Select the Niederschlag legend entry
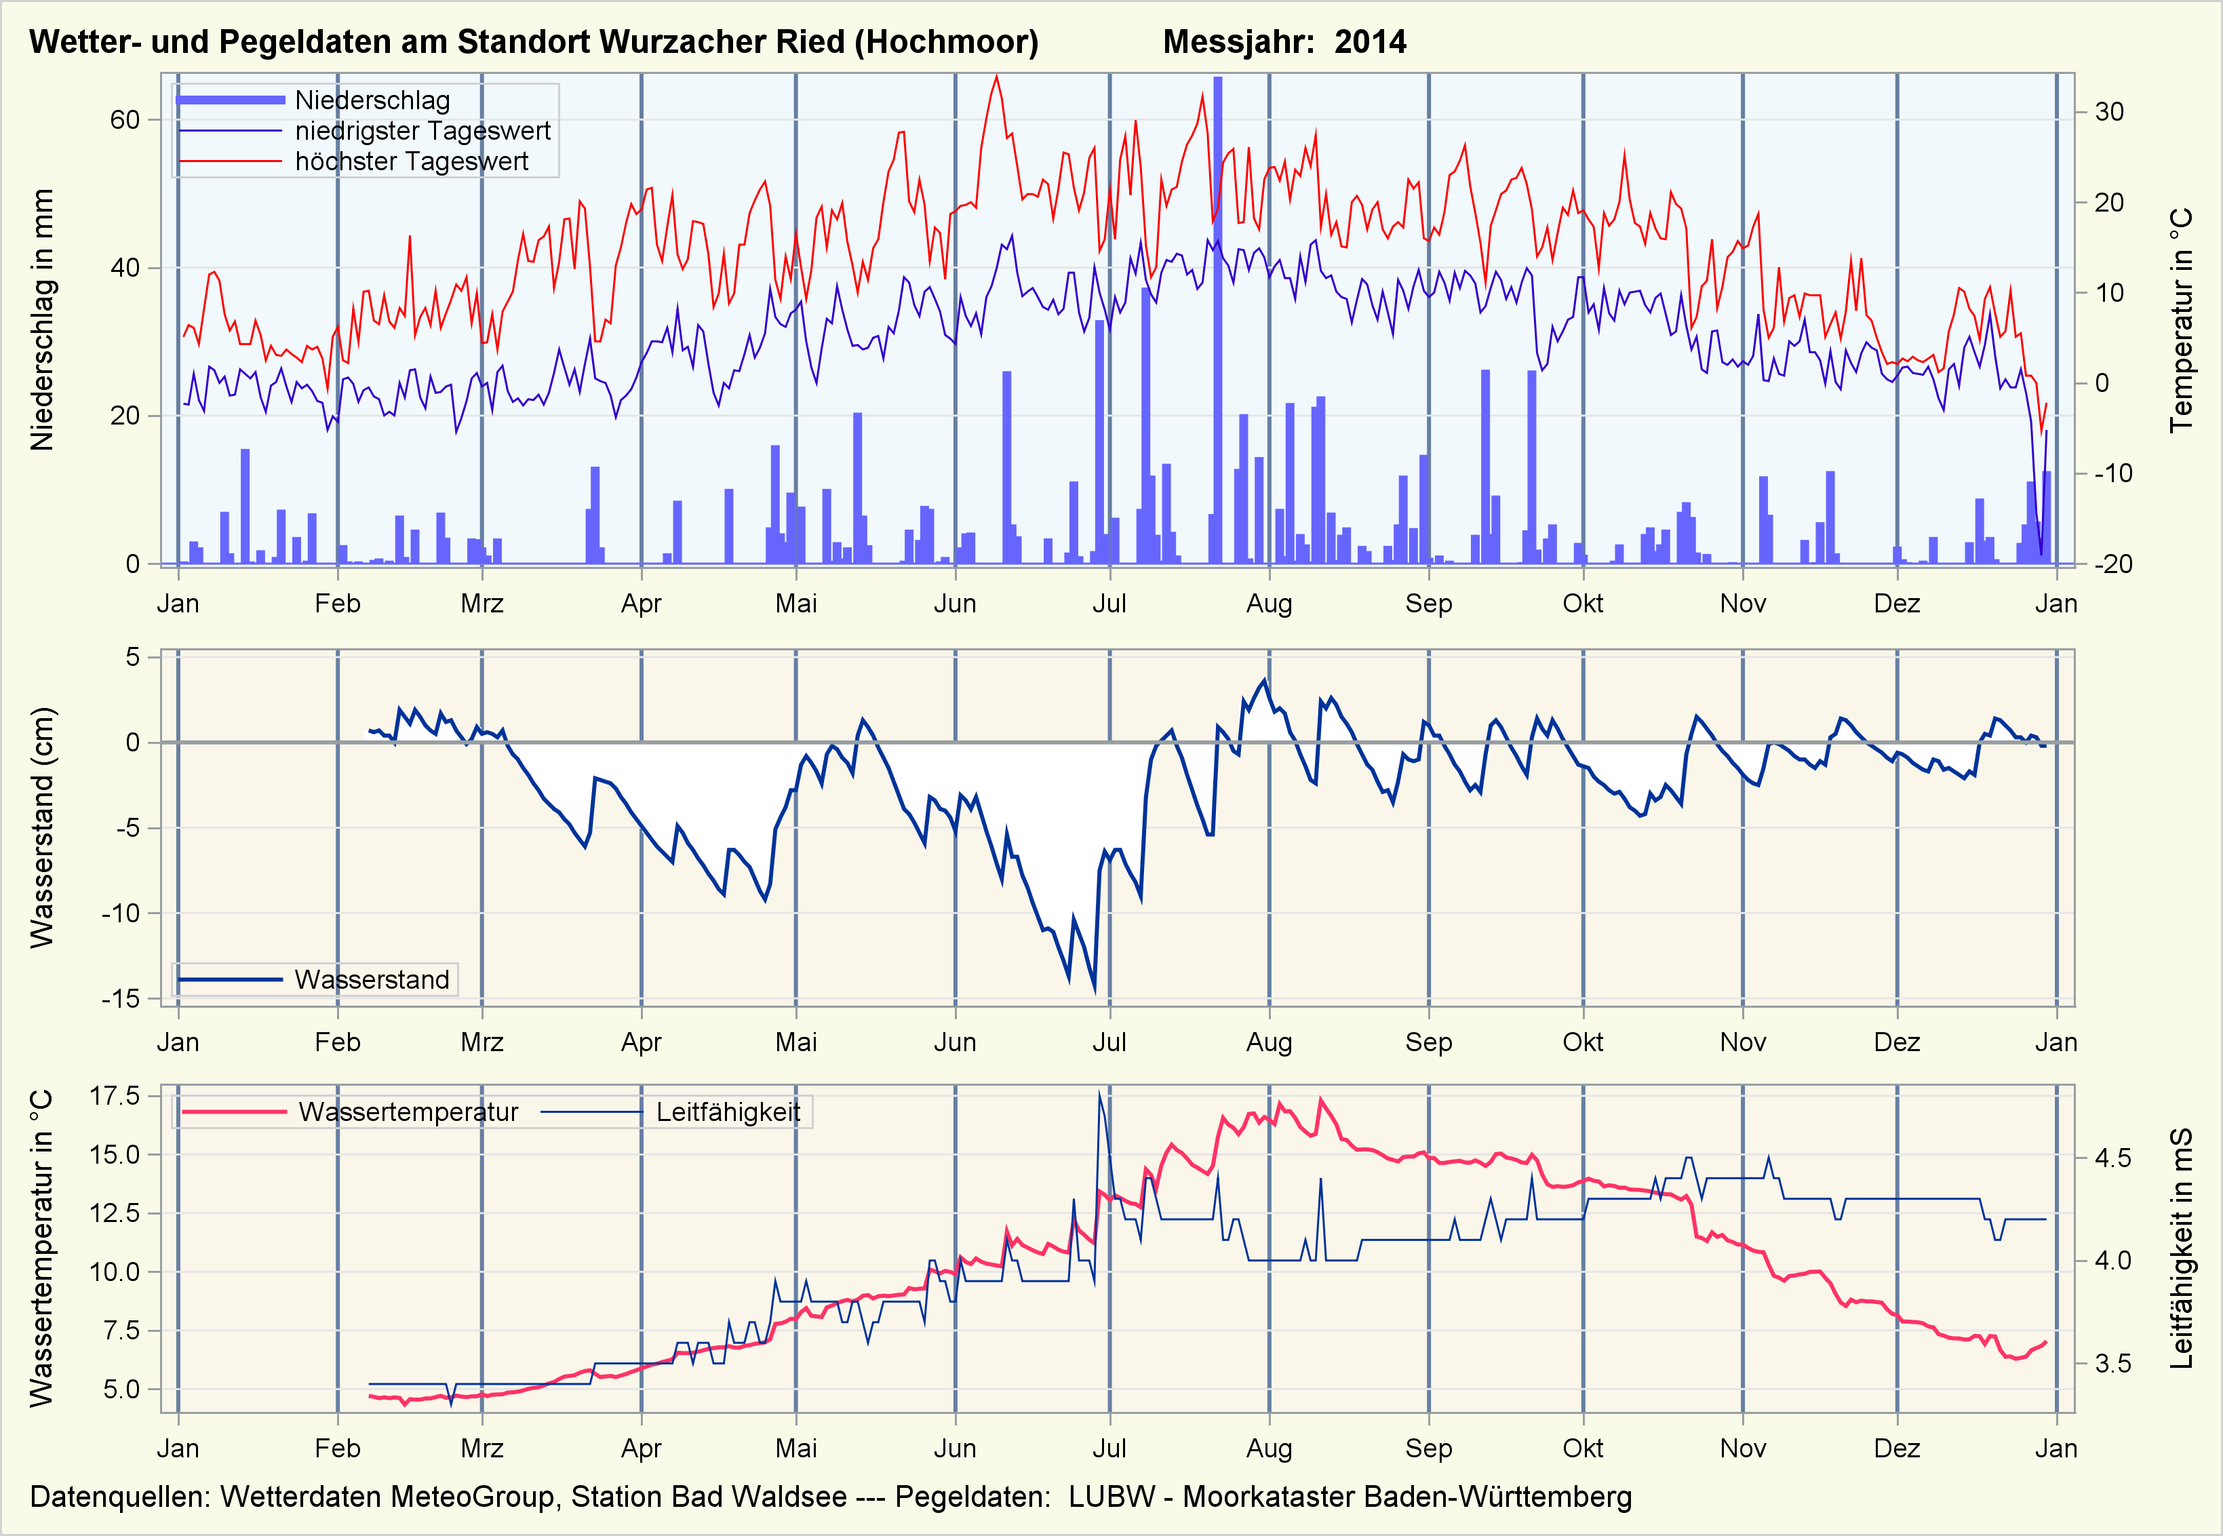pyautogui.click(x=372, y=100)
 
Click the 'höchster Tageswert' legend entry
pyautogui.click(x=411, y=161)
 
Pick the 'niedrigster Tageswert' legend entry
pyautogui.click(x=422, y=131)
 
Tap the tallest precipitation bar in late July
pyautogui.click(x=1217, y=317)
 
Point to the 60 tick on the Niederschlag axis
pyautogui.click(x=125, y=120)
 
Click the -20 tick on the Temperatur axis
pyautogui.click(x=2112, y=564)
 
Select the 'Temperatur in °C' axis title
pyautogui.click(x=2181, y=319)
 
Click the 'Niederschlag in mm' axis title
pyautogui.click(x=42, y=319)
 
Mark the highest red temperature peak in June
pyautogui.click(x=996, y=77)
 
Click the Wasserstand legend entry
pyautogui.click(x=372, y=980)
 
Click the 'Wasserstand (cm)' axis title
pyautogui.click(x=42, y=827)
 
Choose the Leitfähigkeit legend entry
pyautogui.click(x=728, y=1113)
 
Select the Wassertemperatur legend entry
pyautogui.click(x=408, y=1113)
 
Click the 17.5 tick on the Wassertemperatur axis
pyautogui.click(x=115, y=1096)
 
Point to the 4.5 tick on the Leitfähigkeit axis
pyautogui.click(x=2112, y=1158)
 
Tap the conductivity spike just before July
pyautogui.click(x=1099, y=1095)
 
